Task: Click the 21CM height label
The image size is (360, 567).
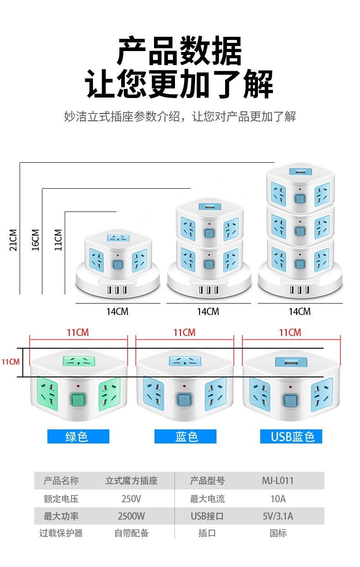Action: (13, 240)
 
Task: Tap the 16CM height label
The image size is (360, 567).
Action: (36, 240)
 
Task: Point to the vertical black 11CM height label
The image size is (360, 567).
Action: (58, 240)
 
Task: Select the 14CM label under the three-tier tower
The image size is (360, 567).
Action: (300, 312)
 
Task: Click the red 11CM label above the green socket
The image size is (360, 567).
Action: (77, 333)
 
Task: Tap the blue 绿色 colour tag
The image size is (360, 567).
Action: (78, 436)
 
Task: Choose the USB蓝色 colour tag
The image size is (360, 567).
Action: (291, 436)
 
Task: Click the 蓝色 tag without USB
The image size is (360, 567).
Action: (185, 436)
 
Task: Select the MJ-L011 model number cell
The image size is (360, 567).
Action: (278, 481)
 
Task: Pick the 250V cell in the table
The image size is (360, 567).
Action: (131, 499)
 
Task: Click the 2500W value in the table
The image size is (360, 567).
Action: (131, 516)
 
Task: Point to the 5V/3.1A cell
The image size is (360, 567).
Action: (278, 516)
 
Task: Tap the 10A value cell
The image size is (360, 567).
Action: (278, 499)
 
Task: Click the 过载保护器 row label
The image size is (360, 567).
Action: (61, 533)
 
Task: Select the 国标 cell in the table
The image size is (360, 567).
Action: (278, 533)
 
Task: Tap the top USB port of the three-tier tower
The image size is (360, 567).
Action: (300, 172)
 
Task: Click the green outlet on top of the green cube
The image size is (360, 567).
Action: (79, 361)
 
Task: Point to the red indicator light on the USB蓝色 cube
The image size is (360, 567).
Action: (290, 387)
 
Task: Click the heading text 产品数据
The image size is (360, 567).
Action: (179, 51)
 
